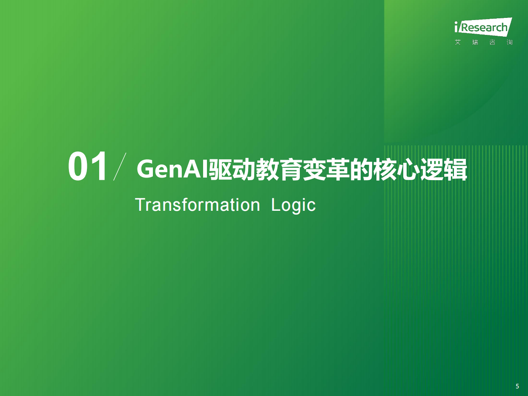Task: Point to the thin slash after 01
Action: click(x=120, y=166)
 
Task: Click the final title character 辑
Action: click(x=456, y=170)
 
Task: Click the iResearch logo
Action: click(x=482, y=28)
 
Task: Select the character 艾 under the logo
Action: click(x=458, y=43)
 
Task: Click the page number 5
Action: click(x=517, y=386)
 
